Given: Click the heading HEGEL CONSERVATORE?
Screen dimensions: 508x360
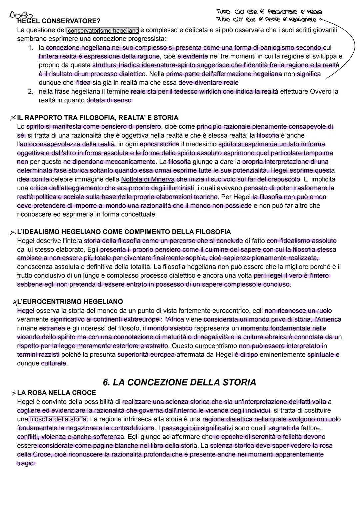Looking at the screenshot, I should [59, 21].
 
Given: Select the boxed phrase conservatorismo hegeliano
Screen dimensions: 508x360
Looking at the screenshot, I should [103, 31].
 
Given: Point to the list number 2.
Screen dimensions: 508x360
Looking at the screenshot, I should [31, 91].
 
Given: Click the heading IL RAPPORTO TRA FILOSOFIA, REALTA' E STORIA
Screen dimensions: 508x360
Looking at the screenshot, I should [98, 118].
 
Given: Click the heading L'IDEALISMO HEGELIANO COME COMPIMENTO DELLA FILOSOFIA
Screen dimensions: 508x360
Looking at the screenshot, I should [124, 232].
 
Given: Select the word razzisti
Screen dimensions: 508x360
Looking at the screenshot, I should [47, 354].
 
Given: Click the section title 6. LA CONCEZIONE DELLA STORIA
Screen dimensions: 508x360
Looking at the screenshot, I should [179, 382].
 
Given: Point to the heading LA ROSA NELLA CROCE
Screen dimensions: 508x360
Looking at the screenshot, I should [56, 393].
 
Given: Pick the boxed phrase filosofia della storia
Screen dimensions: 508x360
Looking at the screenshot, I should [58, 419].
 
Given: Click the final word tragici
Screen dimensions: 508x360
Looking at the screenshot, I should [26, 463].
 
